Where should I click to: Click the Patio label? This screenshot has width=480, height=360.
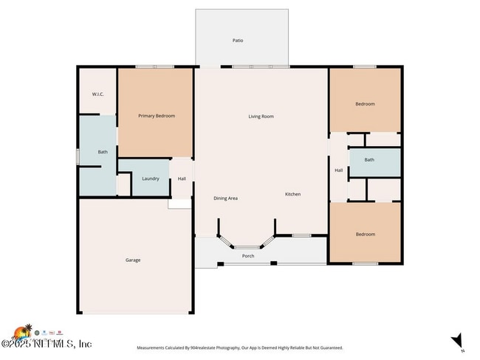pos(238,41)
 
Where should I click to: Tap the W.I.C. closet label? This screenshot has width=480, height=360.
pos(98,94)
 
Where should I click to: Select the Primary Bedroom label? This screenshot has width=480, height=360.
pos(157,116)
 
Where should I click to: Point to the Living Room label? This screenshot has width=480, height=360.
pos(261,116)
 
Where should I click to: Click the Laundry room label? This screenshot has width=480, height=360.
pos(151,179)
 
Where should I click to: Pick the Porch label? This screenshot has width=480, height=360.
pos(248,256)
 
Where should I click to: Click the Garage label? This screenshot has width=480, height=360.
pos(133,260)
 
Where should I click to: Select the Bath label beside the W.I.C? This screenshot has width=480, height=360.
pos(103,152)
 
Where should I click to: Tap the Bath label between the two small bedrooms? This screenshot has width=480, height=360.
pos(368,160)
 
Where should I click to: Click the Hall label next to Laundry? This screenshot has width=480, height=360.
pos(182,179)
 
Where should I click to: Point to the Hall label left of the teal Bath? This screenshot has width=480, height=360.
pos(338,170)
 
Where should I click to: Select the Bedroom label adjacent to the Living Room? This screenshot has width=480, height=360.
pos(365,104)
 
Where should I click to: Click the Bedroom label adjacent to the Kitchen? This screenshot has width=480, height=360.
pos(365,235)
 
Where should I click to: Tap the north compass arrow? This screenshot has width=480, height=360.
pos(457,340)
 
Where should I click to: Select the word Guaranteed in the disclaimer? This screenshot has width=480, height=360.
pos(327,347)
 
